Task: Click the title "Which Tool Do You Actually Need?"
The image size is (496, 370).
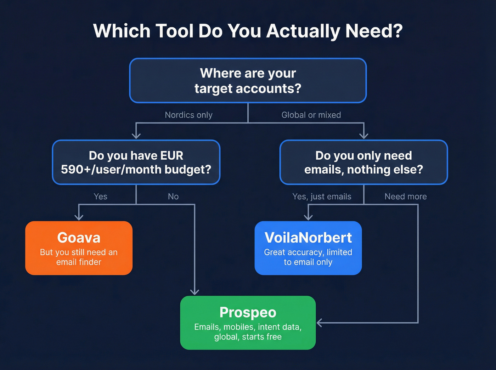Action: (248, 31)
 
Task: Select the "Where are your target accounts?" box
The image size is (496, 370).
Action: (248, 81)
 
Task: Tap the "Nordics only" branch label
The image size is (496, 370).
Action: (188, 115)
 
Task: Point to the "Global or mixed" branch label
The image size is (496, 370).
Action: (311, 115)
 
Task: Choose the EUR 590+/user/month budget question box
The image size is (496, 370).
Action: (136, 163)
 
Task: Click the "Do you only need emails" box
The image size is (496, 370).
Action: (363, 163)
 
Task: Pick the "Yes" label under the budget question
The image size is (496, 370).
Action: (100, 197)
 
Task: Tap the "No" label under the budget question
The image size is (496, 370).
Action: (173, 197)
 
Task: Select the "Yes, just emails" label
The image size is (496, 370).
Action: (322, 197)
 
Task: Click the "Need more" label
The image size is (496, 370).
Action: (406, 197)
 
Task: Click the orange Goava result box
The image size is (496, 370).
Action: (79, 248)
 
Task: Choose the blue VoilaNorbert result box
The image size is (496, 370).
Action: (308, 248)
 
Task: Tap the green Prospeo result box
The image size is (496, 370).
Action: (248, 323)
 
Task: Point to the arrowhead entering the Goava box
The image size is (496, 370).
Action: (79, 217)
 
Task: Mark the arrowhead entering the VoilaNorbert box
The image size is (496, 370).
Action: (308, 217)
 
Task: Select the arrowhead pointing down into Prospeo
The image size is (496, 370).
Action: (195, 291)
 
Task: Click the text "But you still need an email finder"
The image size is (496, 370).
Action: (79, 257)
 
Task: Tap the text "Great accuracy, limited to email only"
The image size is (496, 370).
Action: (308, 257)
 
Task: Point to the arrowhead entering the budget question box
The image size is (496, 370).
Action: (136, 135)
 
